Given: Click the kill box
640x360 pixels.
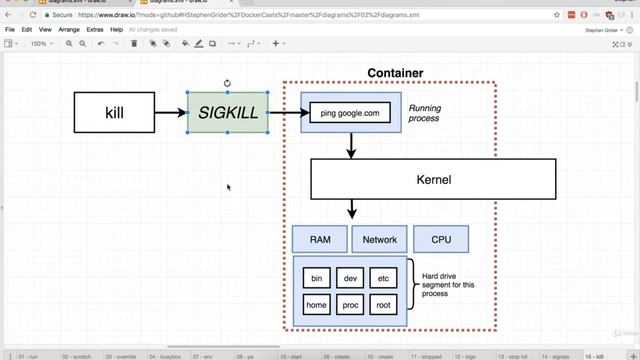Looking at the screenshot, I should (x=114, y=112).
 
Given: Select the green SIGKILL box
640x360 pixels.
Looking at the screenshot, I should (x=228, y=112).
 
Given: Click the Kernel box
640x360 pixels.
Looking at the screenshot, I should (x=433, y=180).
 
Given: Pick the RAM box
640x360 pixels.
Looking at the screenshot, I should (x=320, y=239).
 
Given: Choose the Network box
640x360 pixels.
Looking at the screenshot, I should (x=380, y=239).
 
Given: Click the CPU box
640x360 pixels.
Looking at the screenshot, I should (x=441, y=239).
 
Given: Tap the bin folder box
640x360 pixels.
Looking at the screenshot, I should (x=317, y=277).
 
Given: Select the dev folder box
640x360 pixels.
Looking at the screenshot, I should (x=350, y=277).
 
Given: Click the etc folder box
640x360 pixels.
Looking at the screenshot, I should (x=383, y=277).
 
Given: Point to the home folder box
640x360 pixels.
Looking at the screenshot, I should (x=317, y=305).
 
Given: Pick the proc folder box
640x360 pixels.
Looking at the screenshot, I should (x=350, y=305).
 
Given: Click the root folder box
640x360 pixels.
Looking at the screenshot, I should (x=383, y=305).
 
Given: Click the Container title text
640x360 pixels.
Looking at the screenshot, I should (x=395, y=73).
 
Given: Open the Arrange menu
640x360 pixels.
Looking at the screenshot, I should (x=69, y=30).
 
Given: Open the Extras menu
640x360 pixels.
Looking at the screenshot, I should (x=95, y=30).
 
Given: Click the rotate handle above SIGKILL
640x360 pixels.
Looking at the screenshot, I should (x=228, y=83).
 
